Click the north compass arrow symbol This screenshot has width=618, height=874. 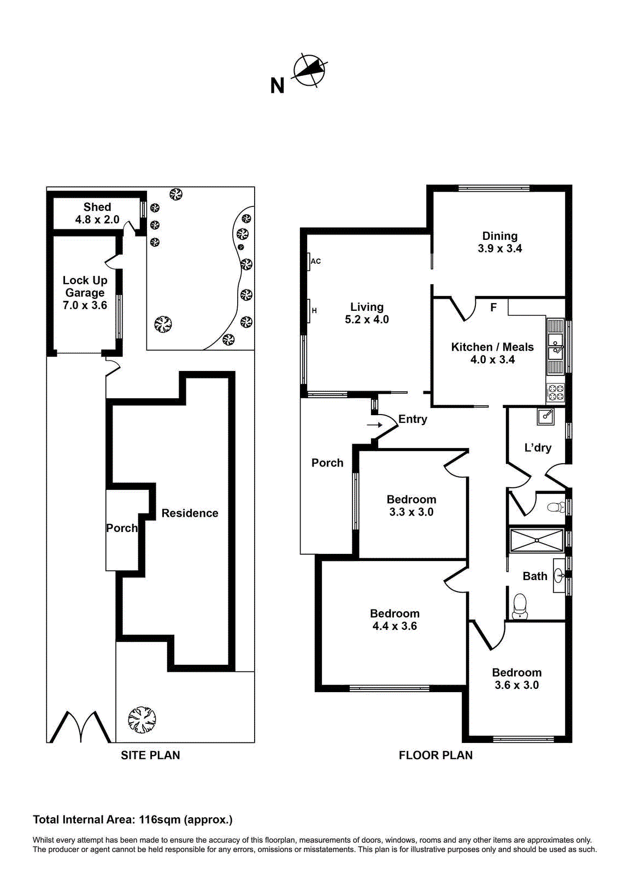(x=310, y=70)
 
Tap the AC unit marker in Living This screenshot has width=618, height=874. (x=309, y=262)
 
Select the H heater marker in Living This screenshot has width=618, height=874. (x=309, y=311)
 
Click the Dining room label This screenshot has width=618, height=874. (x=499, y=237)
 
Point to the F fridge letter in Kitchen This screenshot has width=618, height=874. (x=493, y=308)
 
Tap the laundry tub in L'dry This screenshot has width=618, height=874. (x=546, y=417)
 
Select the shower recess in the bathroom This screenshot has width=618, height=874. (x=536, y=541)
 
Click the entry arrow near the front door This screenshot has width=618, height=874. (x=374, y=425)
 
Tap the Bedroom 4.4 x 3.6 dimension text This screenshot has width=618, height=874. (x=395, y=627)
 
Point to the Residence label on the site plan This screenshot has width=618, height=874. (x=190, y=513)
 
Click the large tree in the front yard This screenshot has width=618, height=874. (x=142, y=719)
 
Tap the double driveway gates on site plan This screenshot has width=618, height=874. (x=81, y=727)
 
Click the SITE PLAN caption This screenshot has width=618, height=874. (x=150, y=755)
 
